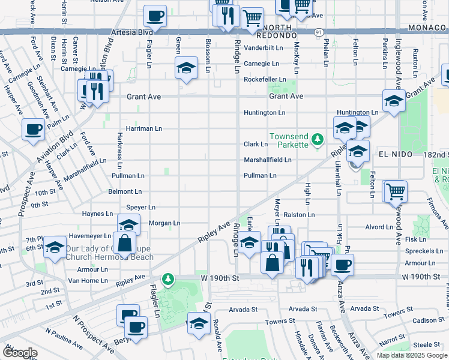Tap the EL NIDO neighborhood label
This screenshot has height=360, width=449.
tap(396, 154)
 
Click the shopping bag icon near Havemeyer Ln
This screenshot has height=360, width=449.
tap(124, 243)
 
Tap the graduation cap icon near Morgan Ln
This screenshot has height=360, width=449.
tap(128, 226)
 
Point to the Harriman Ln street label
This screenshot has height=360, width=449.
tap(144, 128)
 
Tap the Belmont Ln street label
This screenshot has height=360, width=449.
tap(125, 192)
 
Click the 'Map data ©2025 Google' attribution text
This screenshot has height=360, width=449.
tap(412, 355)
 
